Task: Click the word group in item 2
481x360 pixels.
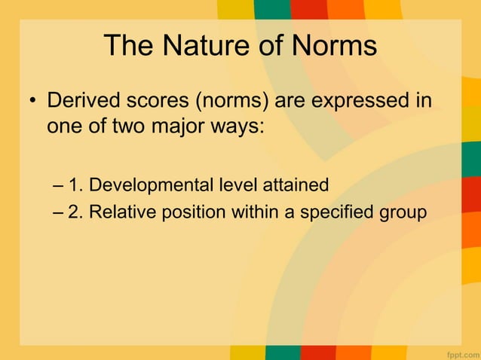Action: [401, 212]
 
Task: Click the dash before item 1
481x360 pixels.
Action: [60, 185]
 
